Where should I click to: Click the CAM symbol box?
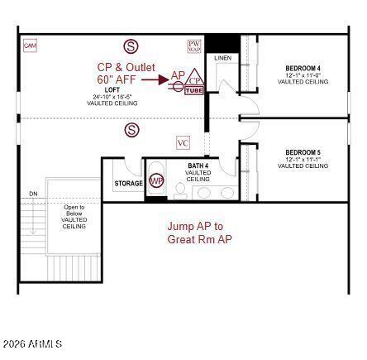coord(31,46)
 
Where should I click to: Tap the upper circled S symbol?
coord(131,46)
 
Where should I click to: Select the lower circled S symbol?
coord(131,129)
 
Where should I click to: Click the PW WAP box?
coord(194,46)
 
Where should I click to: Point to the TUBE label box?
coord(194,90)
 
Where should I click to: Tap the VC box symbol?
coord(183,143)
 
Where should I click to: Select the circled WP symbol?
coord(156,182)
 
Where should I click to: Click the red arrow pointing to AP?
coord(155,79)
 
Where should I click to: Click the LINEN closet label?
coord(223,58)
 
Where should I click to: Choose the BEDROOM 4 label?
coord(303,68)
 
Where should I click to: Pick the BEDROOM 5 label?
coord(303,152)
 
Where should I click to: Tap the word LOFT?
coord(112,89)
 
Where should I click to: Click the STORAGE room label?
coord(128,183)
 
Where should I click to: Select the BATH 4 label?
coord(198,166)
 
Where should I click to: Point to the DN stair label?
coord(33,194)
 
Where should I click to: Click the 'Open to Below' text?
coord(74,210)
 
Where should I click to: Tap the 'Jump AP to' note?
coord(195,226)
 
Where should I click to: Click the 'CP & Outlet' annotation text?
coord(126,67)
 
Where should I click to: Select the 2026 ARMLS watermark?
coord(32,343)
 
